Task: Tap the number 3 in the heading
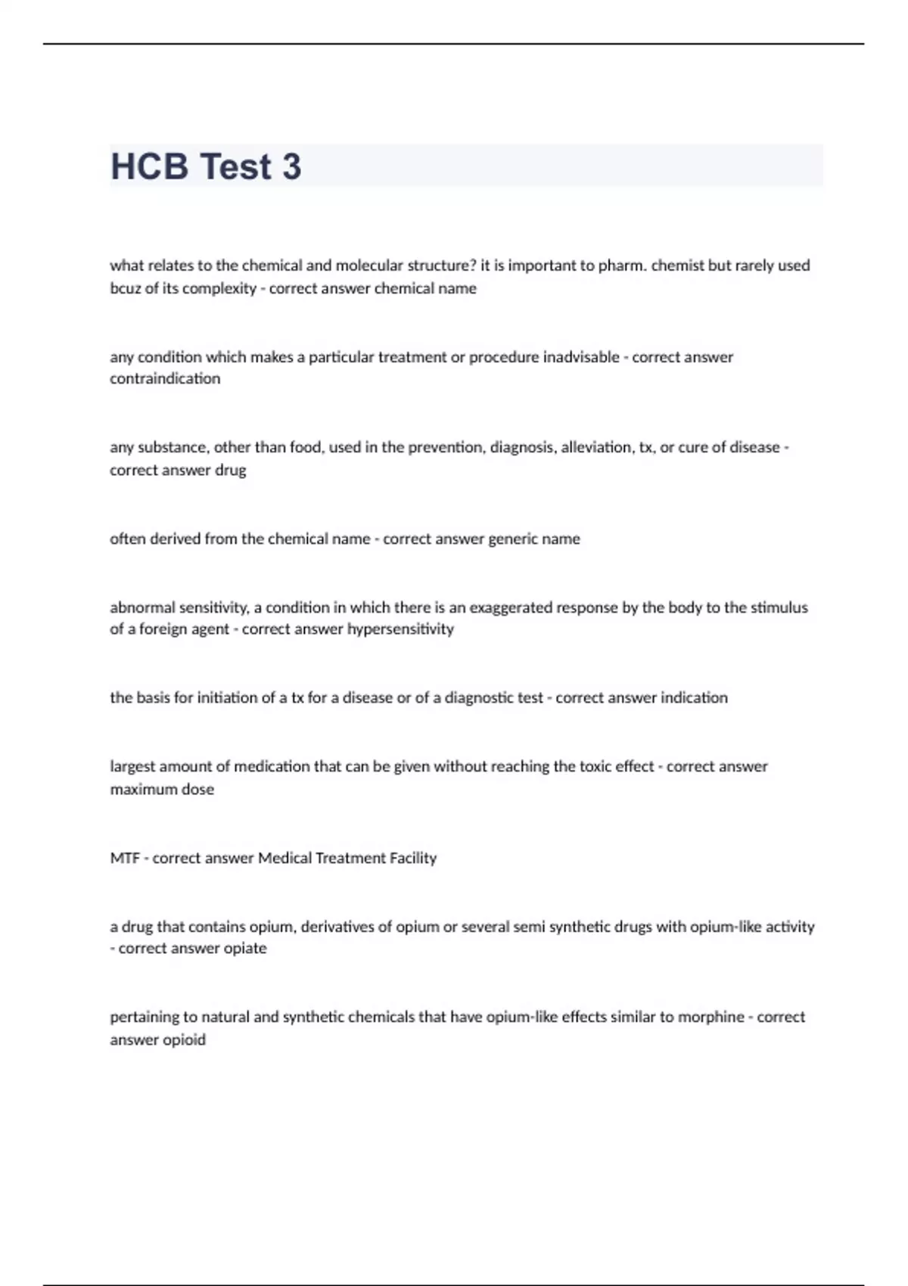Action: (291, 166)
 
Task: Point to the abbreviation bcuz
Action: (126, 288)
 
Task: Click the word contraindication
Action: (165, 378)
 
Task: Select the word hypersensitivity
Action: (400, 629)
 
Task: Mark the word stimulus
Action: (779, 607)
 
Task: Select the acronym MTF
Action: (125, 858)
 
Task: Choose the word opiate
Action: (245, 948)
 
